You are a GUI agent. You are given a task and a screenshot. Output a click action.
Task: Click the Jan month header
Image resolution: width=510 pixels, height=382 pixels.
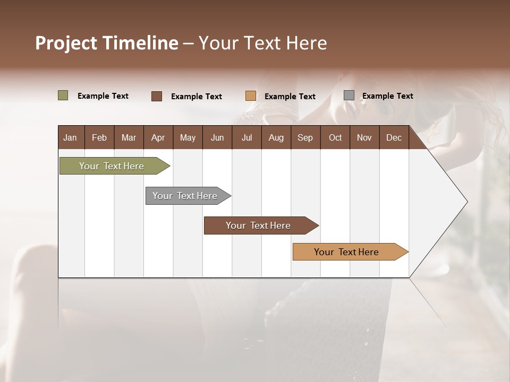(x=70, y=137)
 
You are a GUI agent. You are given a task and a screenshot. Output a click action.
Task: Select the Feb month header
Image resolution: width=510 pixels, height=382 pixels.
(x=99, y=137)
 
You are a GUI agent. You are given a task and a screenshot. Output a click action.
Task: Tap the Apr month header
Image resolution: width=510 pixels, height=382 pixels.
(x=158, y=137)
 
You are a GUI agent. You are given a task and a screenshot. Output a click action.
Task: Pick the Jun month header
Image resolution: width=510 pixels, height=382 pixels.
(x=217, y=137)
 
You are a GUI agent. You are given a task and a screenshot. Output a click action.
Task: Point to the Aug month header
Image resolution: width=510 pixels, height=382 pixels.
(x=276, y=137)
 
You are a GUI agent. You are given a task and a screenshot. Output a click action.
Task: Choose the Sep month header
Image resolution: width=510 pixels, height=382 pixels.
(x=305, y=137)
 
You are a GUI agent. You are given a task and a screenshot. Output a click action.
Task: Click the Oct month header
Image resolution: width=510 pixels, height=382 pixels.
(x=335, y=137)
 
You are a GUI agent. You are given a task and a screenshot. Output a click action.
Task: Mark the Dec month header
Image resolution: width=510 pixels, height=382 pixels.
(x=394, y=137)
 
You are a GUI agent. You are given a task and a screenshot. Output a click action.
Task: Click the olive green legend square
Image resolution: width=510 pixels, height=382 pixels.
(x=63, y=95)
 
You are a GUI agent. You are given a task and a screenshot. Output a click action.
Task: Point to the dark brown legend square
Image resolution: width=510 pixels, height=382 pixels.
(x=157, y=96)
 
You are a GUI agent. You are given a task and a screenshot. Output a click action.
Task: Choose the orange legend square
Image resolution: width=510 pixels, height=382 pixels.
(x=251, y=96)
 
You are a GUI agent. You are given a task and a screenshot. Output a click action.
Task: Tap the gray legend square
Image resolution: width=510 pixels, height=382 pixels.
(x=349, y=95)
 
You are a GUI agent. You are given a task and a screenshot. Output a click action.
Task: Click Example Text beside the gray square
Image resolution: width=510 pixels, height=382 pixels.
(x=387, y=96)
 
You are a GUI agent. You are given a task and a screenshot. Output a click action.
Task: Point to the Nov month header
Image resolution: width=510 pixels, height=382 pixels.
(x=364, y=137)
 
